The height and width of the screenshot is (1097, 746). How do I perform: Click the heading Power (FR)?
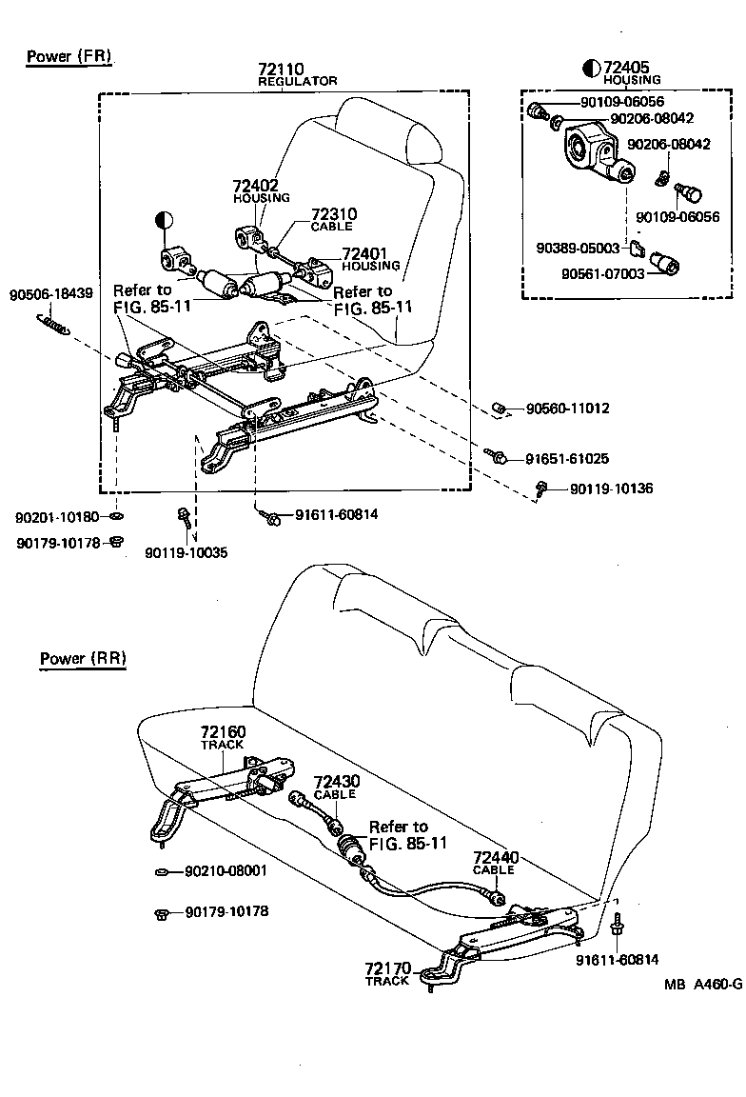pyautogui.click(x=69, y=56)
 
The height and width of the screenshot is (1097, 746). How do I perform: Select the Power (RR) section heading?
pyautogui.click(x=83, y=658)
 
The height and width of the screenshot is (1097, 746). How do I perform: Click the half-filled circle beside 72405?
pyautogui.click(x=591, y=68)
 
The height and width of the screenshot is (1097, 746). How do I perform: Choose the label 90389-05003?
pyautogui.click(x=576, y=249)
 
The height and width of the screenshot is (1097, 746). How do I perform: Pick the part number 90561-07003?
pyautogui.click(x=576, y=273)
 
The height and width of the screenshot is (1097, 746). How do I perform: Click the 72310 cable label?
pyautogui.click(x=333, y=214)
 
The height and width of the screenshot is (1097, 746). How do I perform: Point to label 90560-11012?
pyautogui.click(x=567, y=409)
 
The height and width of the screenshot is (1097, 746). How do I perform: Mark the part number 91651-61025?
pyautogui.click(x=567, y=458)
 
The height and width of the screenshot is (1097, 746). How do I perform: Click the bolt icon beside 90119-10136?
pyautogui.click(x=541, y=489)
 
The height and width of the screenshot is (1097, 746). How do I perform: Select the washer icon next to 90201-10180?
pyautogui.click(x=116, y=517)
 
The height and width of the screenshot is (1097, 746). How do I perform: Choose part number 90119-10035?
pyautogui.click(x=186, y=552)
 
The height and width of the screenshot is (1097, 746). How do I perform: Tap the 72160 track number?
pyautogui.click(x=223, y=732)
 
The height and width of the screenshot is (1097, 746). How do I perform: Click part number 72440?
pyautogui.click(x=494, y=857)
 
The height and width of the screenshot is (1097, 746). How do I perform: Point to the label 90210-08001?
pyautogui.click(x=226, y=870)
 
